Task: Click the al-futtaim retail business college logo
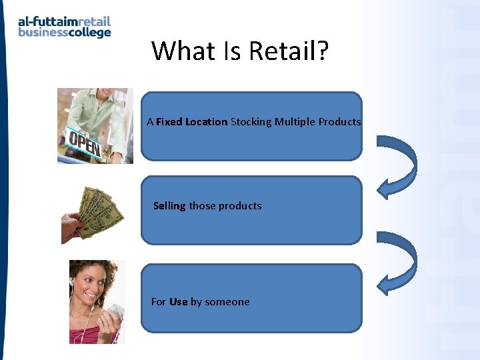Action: pos(64,27)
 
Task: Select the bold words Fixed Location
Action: pos(192,122)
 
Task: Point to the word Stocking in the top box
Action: pos(251,122)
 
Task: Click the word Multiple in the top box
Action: pos(295,122)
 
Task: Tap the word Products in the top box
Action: pos(339,122)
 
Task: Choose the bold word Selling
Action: pos(169,206)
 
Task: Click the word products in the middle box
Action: pos(240,206)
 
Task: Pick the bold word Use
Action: pos(178,302)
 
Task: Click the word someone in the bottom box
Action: pos(227,302)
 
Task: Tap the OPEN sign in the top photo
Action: pos(84,143)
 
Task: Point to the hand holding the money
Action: pos(71,228)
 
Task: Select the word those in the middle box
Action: pos(202,206)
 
